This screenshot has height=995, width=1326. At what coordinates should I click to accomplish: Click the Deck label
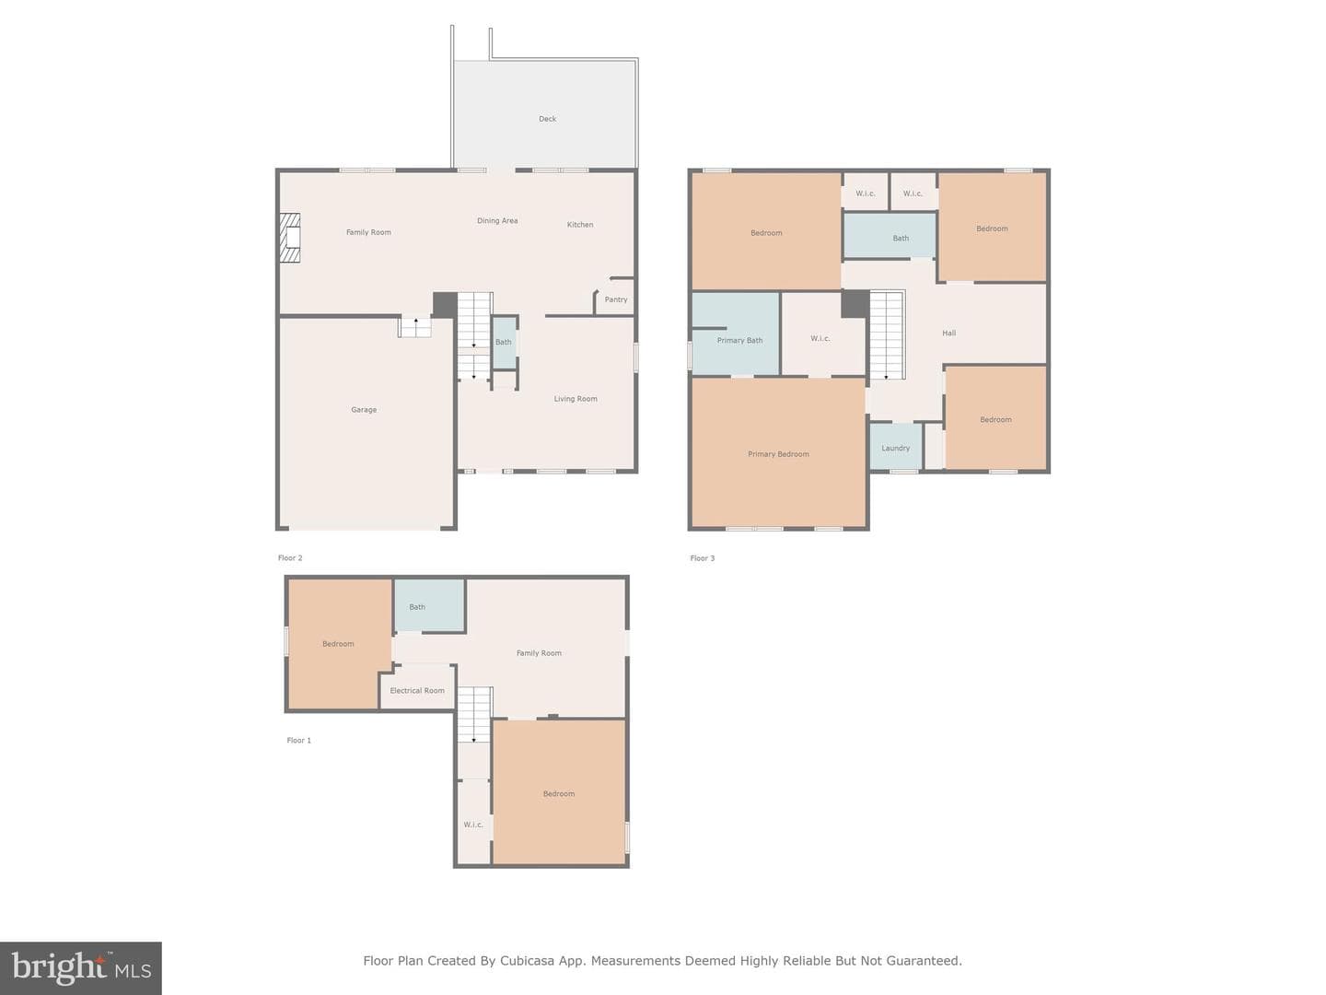click(x=547, y=119)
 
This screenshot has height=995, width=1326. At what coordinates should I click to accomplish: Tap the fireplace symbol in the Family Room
click(x=290, y=238)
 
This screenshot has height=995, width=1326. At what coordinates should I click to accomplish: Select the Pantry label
click(x=616, y=299)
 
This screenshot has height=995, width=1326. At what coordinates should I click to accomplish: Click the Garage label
click(x=364, y=410)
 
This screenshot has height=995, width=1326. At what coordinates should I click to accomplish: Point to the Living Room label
click(x=576, y=399)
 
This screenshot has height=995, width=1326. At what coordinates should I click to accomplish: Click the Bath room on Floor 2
click(x=505, y=343)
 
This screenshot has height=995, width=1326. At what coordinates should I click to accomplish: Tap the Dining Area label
click(x=497, y=221)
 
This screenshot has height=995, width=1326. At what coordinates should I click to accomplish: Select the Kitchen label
click(x=580, y=225)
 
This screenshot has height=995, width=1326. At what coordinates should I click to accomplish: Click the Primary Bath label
click(x=739, y=341)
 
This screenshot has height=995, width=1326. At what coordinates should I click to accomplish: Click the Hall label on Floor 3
click(x=949, y=333)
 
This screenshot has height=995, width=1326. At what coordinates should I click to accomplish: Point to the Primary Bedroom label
click(x=778, y=454)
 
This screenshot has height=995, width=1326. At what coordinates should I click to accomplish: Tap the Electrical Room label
click(x=417, y=691)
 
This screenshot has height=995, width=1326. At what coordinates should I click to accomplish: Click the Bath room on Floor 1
click(x=429, y=605)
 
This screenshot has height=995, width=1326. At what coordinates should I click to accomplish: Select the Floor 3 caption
click(x=702, y=558)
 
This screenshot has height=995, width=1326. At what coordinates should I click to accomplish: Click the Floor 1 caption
click(x=298, y=740)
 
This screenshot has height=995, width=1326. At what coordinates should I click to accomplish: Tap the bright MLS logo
click(x=81, y=967)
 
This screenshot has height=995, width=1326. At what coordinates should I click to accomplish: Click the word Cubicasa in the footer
click(x=526, y=961)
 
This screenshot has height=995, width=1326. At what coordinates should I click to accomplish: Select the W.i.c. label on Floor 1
click(x=473, y=825)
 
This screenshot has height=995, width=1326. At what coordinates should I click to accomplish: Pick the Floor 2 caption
click(x=290, y=558)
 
